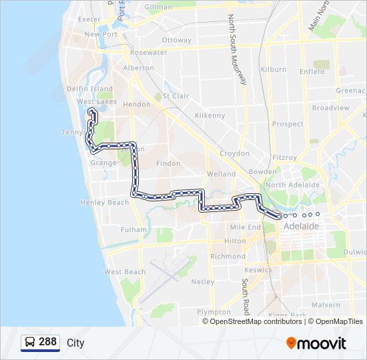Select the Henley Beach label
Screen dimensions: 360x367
pos(104,202)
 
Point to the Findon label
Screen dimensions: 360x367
pos(168,163)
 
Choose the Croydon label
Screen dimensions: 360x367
pos(234,153)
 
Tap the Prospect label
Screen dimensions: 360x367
pos(288,124)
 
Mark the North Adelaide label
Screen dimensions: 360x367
pos(293,185)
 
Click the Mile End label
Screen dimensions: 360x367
pos(245,227)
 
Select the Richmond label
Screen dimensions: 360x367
pos(228,256)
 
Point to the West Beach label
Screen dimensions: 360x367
pos(125,272)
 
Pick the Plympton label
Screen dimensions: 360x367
pos(214,311)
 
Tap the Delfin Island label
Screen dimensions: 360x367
pos(89,89)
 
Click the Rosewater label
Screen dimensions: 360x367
pos(149,52)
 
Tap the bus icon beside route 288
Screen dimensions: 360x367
pos(30,342)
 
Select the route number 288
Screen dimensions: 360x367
pos(47,342)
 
